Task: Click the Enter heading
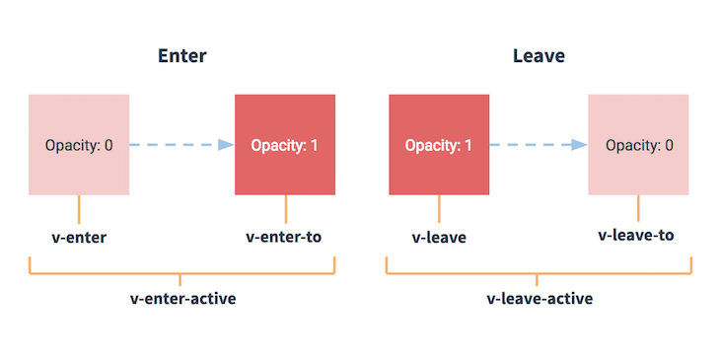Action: [x=182, y=56]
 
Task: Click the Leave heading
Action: [x=539, y=56]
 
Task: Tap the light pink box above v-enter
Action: [x=79, y=144]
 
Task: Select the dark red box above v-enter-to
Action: [x=284, y=144]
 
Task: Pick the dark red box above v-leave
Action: [x=439, y=144]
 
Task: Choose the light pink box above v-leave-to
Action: [x=639, y=144]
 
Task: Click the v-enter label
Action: [x=79, y=238]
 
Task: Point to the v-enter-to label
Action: [x=284, y=238]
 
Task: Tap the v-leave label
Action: [x=439, y=238]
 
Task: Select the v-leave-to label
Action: [x=638, y=237]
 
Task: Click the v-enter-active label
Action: [x=182, y=298]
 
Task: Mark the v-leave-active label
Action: [x=540, y=298]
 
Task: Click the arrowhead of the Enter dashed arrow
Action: [x=225, y=145]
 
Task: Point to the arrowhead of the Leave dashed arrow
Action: [x=579, y=145]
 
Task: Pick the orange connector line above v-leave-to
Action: [x=639, y=208]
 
